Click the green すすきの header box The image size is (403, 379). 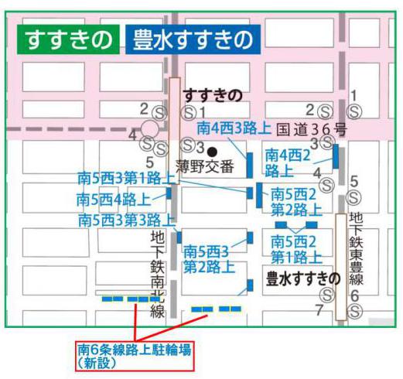[68, 40]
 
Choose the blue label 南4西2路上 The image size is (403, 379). [288, 162]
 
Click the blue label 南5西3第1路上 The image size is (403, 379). [127, 178]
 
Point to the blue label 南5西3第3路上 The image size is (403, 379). [127, 220]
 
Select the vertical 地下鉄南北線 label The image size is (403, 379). [159, 275]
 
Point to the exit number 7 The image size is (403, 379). [318, 309]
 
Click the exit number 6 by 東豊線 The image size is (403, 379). [354, 295]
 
